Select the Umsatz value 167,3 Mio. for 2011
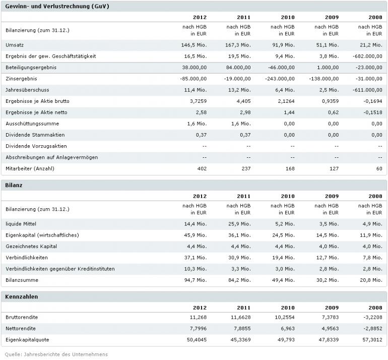tap(238, 45)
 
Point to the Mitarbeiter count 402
tap(201, 168)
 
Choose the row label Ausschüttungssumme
tap(32, 124)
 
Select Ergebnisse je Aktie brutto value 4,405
tap(242, 101)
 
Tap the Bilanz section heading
tap(14, 185)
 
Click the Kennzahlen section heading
tap(22, 296)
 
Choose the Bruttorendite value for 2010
tap(283, 317)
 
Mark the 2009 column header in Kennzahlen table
tap(332, 307)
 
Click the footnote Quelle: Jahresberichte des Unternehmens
tap(57, 354)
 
